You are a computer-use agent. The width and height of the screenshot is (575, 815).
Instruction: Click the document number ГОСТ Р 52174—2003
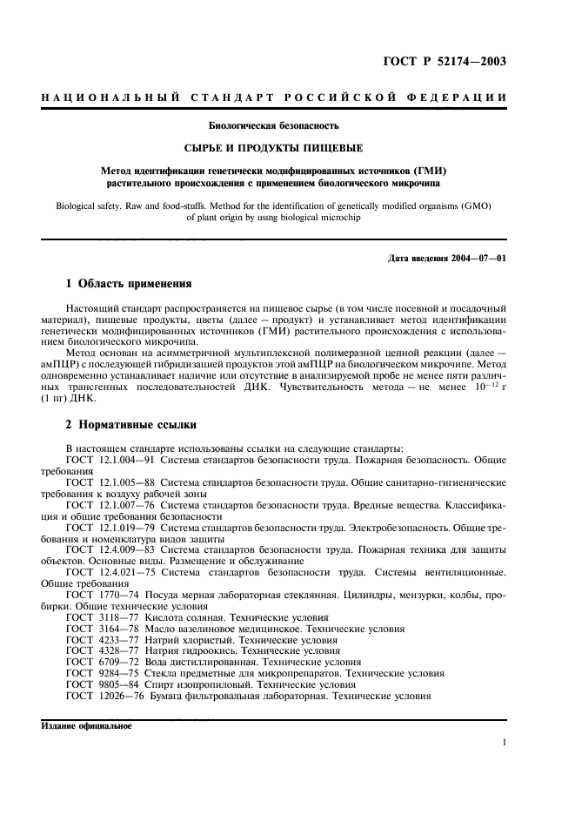[x=444, y=61]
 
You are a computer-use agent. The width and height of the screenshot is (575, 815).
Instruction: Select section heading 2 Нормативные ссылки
[x=131, y=425]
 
